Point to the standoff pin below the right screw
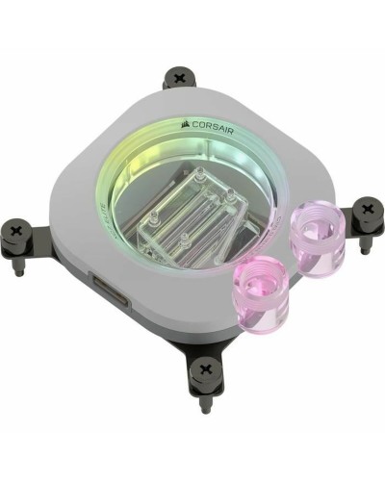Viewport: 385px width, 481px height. point(364,246)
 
